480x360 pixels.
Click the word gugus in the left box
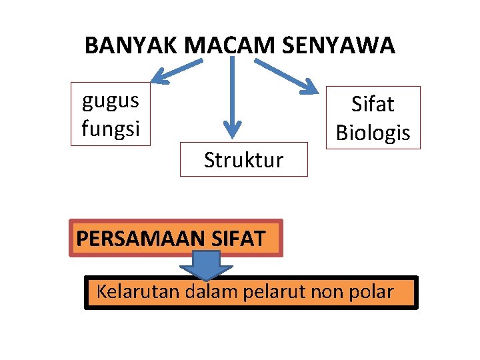point(111,101)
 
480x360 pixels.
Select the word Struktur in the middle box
point(243,160)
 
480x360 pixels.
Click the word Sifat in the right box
point(373,105)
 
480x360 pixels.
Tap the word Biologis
point(373,133)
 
